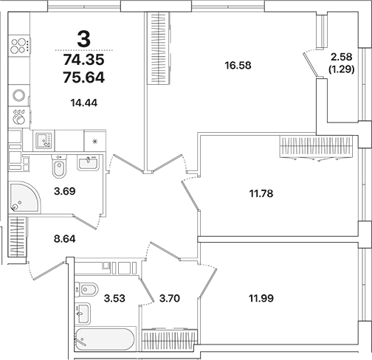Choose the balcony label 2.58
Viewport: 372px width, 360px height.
click(x=342, y=57)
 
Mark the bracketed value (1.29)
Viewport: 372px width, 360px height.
click(x=342, y=69)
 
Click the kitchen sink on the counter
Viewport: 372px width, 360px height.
click(x=44, y=139)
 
